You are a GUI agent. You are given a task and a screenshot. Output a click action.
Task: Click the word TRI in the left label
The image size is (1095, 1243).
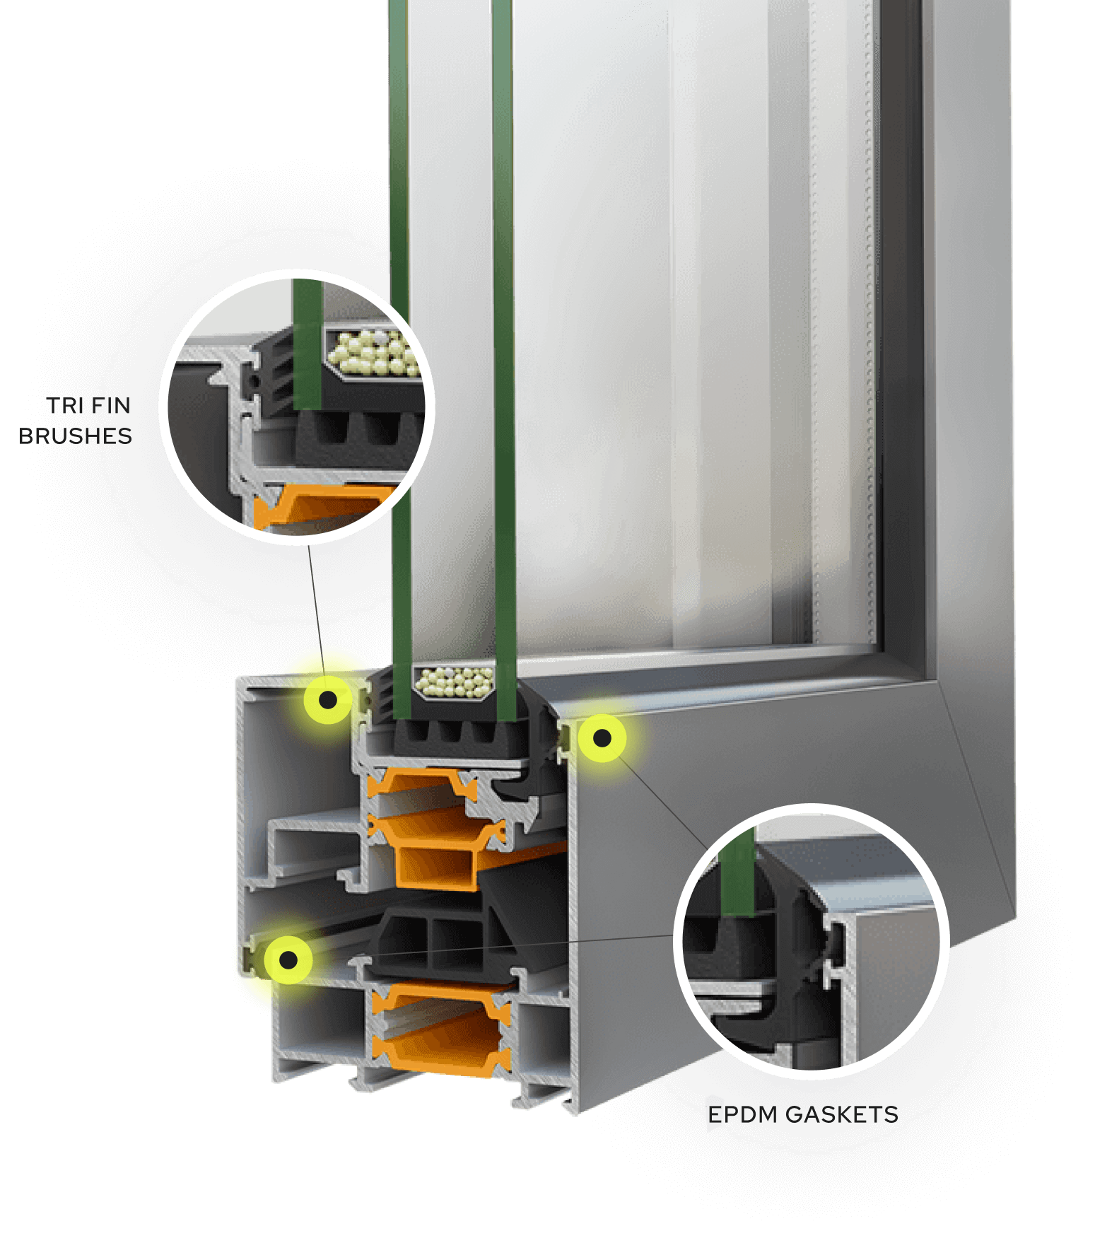tap(65, 406)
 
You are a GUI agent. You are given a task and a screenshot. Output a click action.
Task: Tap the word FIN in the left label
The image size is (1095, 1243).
tap(111, 406)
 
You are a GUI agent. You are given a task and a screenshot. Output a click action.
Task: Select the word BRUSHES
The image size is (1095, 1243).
tap(75, 436)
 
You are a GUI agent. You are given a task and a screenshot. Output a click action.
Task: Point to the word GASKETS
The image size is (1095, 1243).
tap(841, 1115)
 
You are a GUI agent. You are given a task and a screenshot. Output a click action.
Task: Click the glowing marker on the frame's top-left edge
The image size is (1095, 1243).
tap(328, 700)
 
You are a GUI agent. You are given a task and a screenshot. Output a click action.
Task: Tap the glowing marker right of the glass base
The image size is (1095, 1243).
tap(602, 738)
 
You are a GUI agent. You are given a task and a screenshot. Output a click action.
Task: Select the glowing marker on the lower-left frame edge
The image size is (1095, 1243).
tap(288, 959)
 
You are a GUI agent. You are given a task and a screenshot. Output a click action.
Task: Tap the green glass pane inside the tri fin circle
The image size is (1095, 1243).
tap(308, 344)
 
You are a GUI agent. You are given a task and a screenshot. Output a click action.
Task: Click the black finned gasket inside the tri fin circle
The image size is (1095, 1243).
tap(272, 375)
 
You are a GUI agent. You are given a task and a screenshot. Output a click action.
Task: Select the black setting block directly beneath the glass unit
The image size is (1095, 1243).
tap(452, 735)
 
